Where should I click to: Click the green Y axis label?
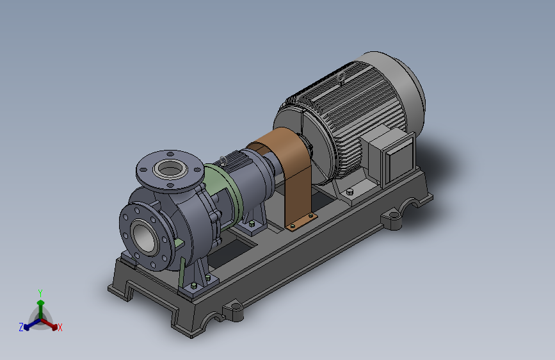[40, 293]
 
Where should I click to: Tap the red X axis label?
[60, 327]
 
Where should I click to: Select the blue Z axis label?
[21, 327]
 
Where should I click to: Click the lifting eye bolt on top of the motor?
[342, 78]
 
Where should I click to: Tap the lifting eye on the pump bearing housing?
[223, 161]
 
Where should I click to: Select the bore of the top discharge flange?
[170, 169]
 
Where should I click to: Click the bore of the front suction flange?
[144, 238]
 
